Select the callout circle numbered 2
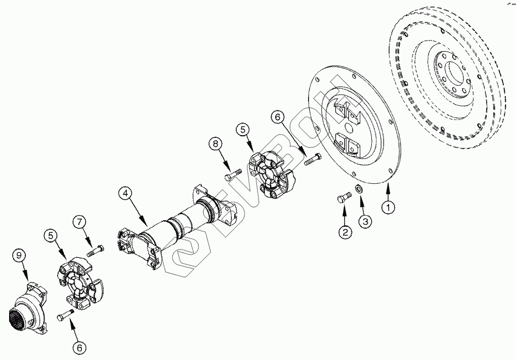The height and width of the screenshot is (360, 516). tap(345, 232)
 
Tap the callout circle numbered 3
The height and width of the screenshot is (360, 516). tap(365, 221)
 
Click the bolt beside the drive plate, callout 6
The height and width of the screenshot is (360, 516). tap(313, 160)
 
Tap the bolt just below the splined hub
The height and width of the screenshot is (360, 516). tap(65, 316)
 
